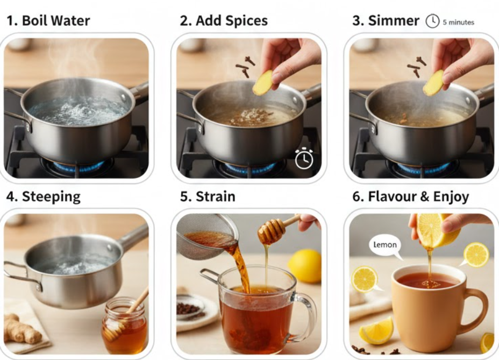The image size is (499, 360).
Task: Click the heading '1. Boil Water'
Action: click(x=48, y=21)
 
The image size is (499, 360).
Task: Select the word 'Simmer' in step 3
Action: click(x=393, y=21)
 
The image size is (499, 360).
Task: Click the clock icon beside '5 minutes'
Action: click(x=432, y=22)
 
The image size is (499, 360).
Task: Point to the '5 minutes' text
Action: click(x=458, y=23)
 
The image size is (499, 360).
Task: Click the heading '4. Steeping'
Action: click(x=43, y=196)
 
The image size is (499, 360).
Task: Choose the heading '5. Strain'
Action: click(x=208, y=196)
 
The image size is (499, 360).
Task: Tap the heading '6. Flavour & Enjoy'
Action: click(x=410, y=196)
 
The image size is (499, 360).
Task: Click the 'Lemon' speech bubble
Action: click(x=385, y=245)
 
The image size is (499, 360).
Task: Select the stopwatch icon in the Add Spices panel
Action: click(x=304, y=159)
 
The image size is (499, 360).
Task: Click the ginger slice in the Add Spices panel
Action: click(x=263, y=83)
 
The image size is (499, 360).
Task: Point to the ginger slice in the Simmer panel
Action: click(x=433, y=83)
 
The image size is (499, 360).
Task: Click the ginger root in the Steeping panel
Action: click(x=22, y=329)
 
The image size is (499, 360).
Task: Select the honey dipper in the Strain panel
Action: click(x=272, y=230)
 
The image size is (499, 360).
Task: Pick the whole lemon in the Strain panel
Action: click(x=304, y=265)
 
